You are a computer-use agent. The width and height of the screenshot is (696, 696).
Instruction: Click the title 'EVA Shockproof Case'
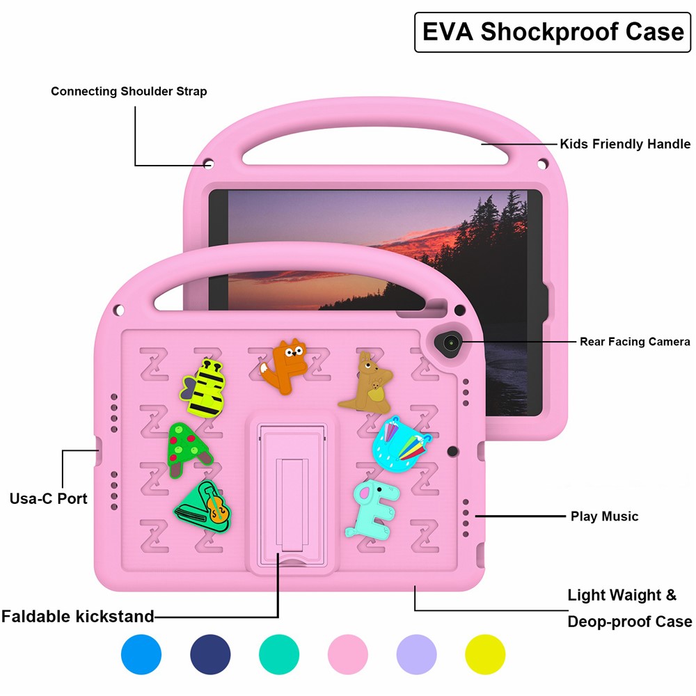(553, 32)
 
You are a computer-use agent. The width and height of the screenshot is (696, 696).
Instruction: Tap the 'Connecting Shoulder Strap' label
(129, 91)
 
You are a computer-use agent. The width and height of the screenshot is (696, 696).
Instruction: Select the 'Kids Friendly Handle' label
(625, 144)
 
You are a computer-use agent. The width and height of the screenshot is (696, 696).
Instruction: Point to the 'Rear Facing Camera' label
(635, 341)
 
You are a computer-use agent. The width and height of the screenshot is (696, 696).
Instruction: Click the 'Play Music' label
(604, 516)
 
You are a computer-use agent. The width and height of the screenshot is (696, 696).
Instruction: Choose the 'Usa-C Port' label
(49, 498)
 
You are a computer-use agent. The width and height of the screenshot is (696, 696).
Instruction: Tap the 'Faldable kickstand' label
(78, 616)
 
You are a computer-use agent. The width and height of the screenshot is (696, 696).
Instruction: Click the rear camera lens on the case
(450, 343)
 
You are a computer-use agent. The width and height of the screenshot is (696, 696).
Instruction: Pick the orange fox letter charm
(284, 367)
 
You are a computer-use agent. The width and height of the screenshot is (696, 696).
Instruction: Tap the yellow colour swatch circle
(485, 654)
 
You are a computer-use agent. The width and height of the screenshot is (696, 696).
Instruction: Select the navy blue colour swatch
(210, 654)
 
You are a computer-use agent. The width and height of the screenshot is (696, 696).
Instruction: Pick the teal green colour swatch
(279, 654)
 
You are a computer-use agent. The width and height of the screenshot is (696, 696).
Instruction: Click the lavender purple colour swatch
(416, 654)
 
